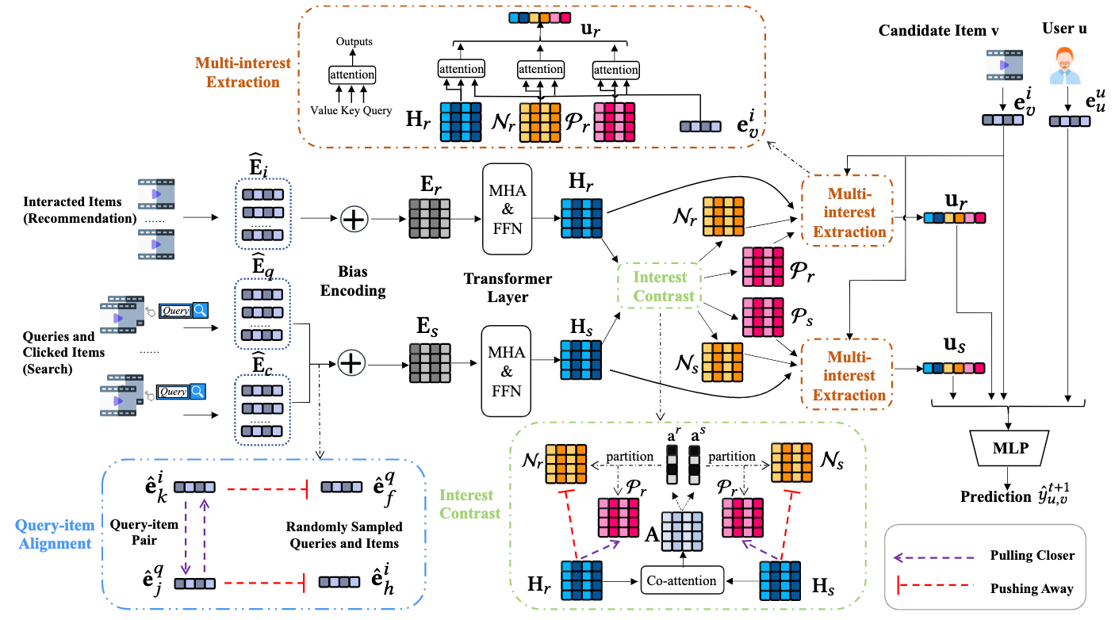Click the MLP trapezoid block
(1009, 448)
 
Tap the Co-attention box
(682, 580)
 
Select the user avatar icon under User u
(1065, 65)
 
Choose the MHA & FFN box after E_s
(508, 371)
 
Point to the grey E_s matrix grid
(429, 362)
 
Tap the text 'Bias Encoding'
(353, 282)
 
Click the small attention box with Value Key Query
(352, 75)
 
